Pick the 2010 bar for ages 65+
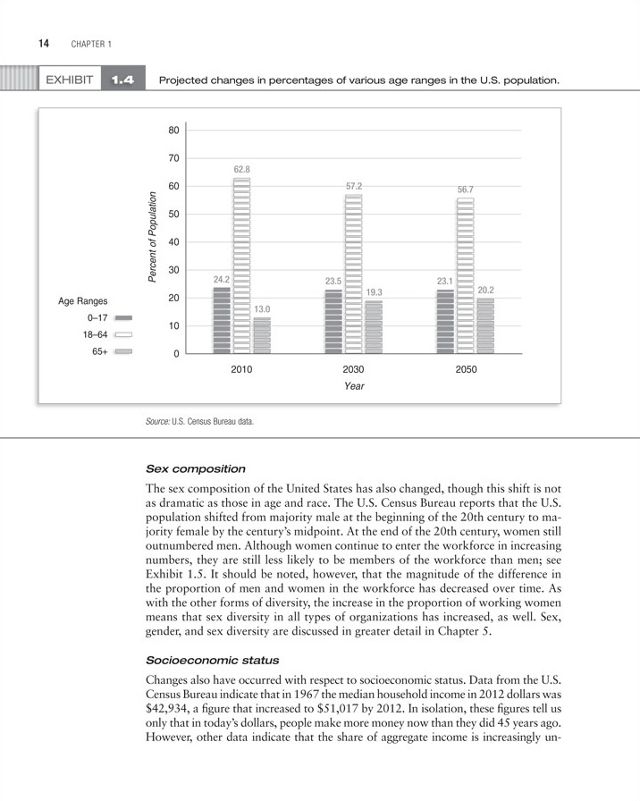262,335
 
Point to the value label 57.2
354,186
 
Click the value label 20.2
486,291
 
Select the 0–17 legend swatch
123,317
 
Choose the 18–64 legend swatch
123,334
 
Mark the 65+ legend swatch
123,352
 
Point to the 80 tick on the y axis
173,131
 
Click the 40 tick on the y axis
173,242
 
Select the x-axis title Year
354,386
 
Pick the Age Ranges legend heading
83,301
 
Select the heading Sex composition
195,468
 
